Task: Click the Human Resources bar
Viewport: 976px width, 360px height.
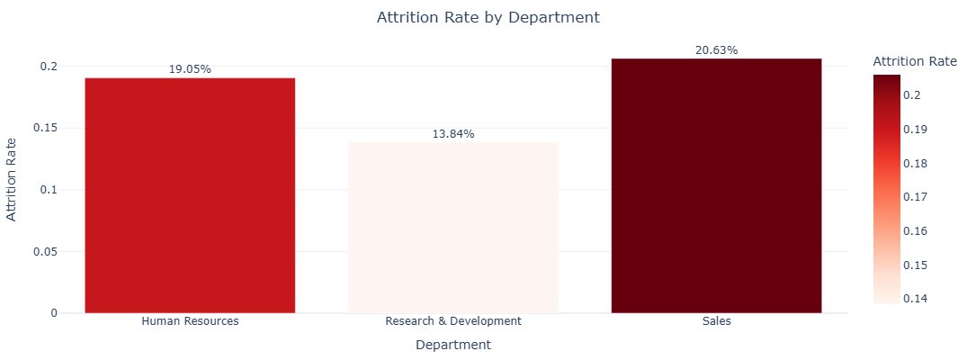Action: pos(190,195)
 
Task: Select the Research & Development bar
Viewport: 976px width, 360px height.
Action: pos(452,228)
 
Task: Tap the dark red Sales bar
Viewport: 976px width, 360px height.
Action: pos(716,185)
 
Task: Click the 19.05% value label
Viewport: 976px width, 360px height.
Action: pos(190,69)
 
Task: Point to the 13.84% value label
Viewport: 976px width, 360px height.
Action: pos(452,134)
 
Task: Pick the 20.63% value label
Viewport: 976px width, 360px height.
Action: pos(716,50)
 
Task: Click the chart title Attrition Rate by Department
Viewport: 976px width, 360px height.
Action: pos(488,18)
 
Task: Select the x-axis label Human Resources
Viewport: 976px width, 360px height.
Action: pos(190,321)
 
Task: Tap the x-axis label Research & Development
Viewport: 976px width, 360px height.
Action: pos(452,321)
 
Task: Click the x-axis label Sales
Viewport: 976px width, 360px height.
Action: pos(716,321)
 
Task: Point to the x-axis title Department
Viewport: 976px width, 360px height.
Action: pos(452,345)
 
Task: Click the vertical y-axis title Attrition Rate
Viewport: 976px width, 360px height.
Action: pos(12,178)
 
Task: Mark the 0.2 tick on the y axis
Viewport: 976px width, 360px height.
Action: pos(48,67)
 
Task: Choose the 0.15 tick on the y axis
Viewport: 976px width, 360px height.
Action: pos(44,128)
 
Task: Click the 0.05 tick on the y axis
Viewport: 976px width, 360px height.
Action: pos(44,252)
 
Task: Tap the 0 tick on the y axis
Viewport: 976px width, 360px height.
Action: pos(54,313)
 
